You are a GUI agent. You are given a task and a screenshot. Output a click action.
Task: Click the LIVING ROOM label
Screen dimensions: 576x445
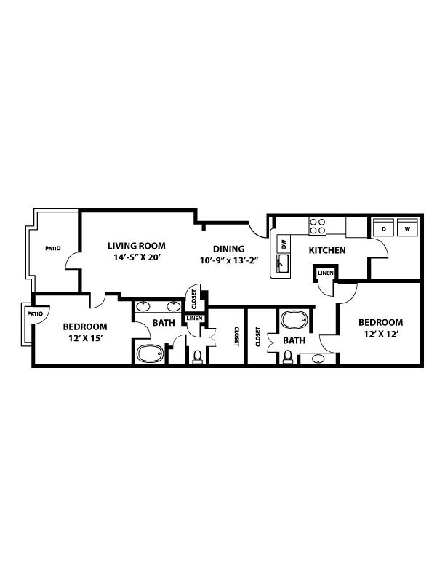137,245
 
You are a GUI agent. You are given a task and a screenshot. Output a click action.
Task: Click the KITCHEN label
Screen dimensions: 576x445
326,251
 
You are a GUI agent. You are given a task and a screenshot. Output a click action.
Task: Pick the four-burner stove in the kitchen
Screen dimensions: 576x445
318,225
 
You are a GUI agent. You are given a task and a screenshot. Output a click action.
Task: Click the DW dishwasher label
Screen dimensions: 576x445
284,244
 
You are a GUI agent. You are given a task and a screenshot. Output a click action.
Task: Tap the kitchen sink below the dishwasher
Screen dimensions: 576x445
284,263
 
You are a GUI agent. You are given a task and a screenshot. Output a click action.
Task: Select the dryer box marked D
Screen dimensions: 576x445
383,229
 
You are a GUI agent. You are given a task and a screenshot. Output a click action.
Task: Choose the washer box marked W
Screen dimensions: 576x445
407,229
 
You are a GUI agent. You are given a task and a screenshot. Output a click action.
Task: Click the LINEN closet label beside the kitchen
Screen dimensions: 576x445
325,273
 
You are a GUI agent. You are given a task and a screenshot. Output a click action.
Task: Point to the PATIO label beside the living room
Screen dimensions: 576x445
52,248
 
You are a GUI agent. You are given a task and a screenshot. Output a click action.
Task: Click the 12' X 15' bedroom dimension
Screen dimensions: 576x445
84,339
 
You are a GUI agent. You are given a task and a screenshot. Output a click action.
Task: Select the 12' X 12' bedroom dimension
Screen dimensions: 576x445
380,335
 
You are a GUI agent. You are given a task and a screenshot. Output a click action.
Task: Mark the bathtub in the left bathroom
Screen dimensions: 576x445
151,353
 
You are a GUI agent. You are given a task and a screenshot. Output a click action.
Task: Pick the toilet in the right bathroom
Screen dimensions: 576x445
289,356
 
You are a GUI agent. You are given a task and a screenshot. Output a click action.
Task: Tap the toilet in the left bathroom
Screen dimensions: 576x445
197,356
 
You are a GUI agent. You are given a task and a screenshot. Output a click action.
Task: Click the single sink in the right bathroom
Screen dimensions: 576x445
318,358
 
